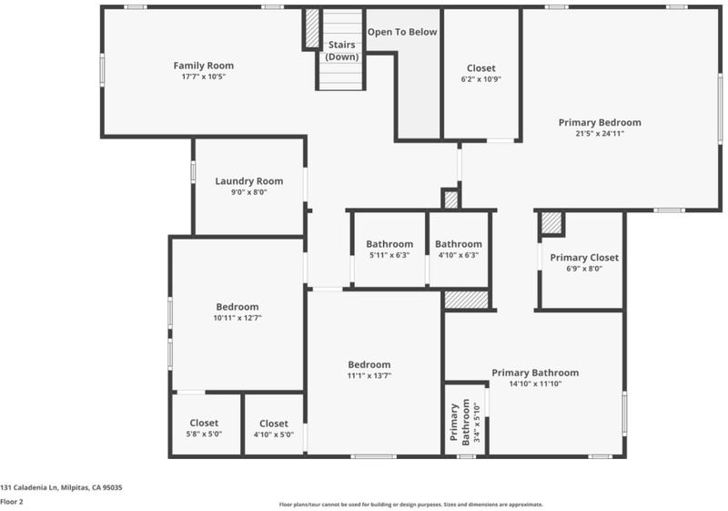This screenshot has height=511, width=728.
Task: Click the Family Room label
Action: pos(203,66)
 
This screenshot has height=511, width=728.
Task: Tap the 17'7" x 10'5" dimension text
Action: pos(203,77)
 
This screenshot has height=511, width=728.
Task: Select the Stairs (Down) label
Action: pos(342,51)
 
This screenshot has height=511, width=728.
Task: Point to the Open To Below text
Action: pos(402,32)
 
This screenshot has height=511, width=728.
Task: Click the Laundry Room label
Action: pos(248,181)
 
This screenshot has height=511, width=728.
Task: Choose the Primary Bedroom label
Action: pos(600,123)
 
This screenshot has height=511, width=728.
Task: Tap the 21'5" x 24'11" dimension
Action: pos(600,134)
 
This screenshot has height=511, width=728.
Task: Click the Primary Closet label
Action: pos(584,258)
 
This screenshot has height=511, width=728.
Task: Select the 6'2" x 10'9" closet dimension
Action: pos(481,79)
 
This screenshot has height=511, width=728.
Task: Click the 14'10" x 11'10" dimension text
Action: pos(535,383)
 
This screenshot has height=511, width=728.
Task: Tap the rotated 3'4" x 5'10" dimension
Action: pos(477,422)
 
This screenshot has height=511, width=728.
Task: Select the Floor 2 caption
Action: pos(12,502)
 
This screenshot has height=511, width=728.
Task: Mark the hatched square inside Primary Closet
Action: pos(551,223)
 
